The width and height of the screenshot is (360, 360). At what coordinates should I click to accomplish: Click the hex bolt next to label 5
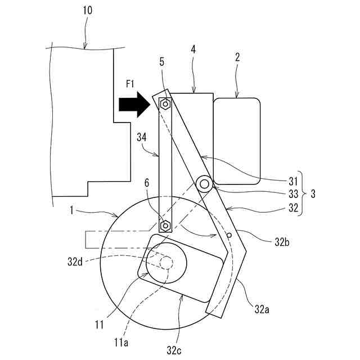pyautogui.click(x=165, y=104)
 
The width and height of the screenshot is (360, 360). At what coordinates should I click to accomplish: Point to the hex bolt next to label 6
pyautogui.click(x=165, y=226)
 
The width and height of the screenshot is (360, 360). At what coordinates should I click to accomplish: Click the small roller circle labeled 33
pyautogui.click(x=204, y=183)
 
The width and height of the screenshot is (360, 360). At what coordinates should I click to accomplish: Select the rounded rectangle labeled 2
pyautogui.click(x=237, y=141)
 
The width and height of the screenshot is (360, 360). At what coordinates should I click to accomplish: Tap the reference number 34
pyautogui.click(x=142, y=137)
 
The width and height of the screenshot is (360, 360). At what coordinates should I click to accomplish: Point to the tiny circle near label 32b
pyautogui.click(x=230, y=235)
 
